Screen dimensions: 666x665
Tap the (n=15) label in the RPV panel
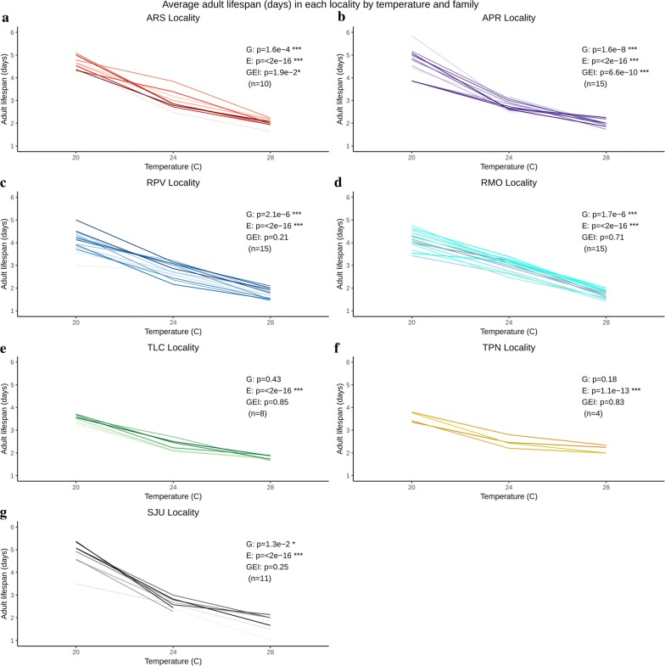[259, 250]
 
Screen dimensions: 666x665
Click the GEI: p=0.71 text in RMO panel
[597, 238]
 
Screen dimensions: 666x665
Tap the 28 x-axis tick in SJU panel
[270, 652]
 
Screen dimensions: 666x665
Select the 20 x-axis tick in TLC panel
[76, 488]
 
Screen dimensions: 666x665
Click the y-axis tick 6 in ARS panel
[11, 32]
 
